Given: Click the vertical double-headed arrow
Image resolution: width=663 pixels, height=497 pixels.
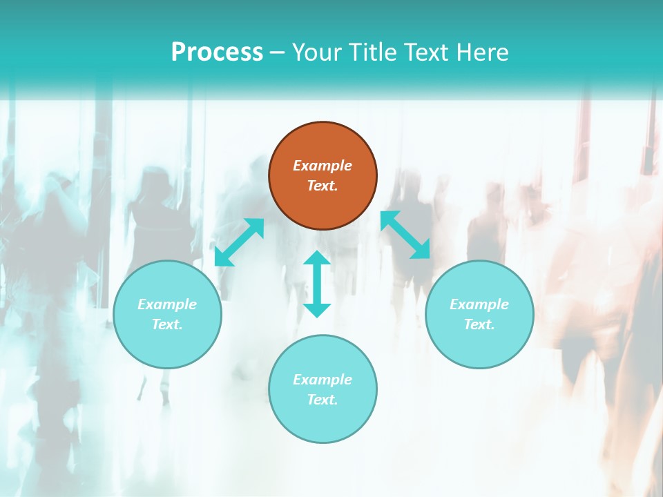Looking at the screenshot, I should pos(317,284).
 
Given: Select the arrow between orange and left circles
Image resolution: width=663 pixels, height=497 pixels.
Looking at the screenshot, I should pos(239,242).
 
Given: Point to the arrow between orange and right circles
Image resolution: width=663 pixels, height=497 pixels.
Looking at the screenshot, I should pos(405,235).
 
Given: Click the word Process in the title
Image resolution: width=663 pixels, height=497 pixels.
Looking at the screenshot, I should pos(217,52).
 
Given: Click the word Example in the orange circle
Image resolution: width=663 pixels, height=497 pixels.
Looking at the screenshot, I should pos(323,166).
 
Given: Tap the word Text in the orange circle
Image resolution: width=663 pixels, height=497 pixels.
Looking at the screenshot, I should pos(323,186).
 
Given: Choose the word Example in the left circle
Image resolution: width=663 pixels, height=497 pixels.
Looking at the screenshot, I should pos(167,304).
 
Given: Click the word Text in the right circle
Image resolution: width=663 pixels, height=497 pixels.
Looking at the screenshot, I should pos(479,324).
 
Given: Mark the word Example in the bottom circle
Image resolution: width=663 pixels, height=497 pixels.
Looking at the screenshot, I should pos(323,380).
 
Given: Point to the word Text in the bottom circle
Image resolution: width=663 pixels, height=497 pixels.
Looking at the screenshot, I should pos(323,400).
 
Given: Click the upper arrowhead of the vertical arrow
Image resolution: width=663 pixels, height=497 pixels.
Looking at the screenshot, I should pos(317,258).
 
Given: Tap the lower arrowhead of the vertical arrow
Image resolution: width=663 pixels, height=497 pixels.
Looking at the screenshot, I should pos(317,310).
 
